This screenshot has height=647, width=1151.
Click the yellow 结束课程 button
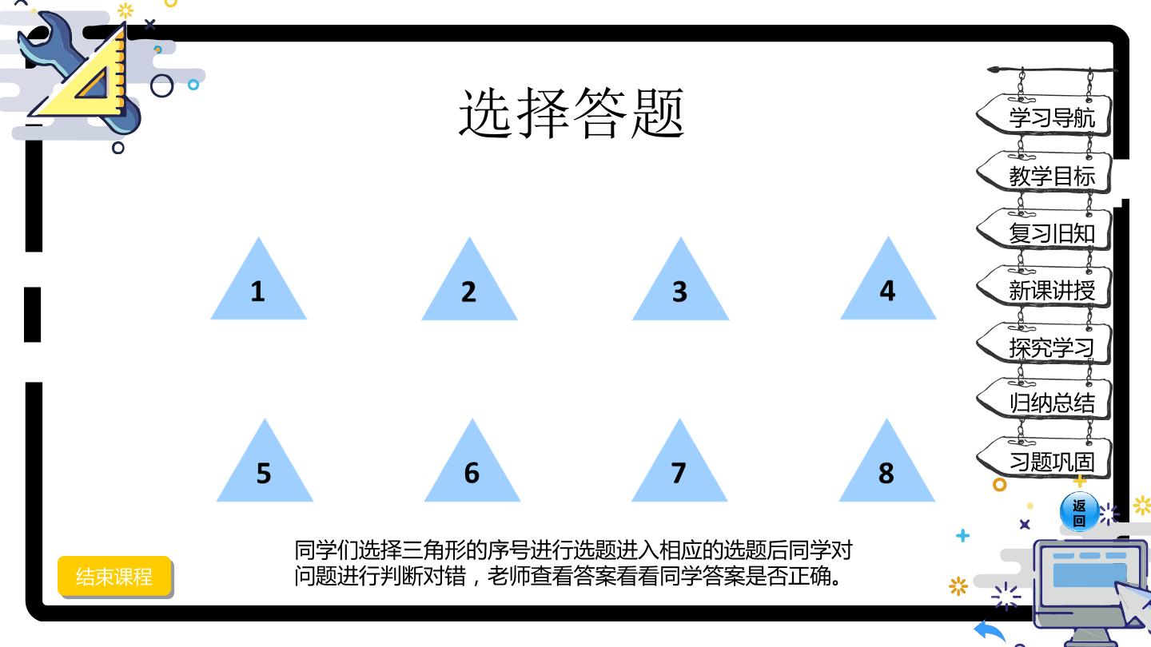[114, 576]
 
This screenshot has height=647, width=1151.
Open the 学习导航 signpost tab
[1043, 116]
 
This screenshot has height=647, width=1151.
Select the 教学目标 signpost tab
[1043, 173]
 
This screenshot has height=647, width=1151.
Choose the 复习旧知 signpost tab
[1043, 231]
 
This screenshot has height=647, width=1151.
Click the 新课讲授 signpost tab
[1043, 288]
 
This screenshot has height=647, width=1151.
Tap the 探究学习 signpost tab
[1043, 345]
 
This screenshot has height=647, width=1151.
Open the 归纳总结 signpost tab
[1043, 401]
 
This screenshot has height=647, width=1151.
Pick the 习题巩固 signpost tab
[1043, 458]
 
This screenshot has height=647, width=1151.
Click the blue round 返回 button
[1079, 512]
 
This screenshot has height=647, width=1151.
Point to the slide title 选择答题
[572, 113]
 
